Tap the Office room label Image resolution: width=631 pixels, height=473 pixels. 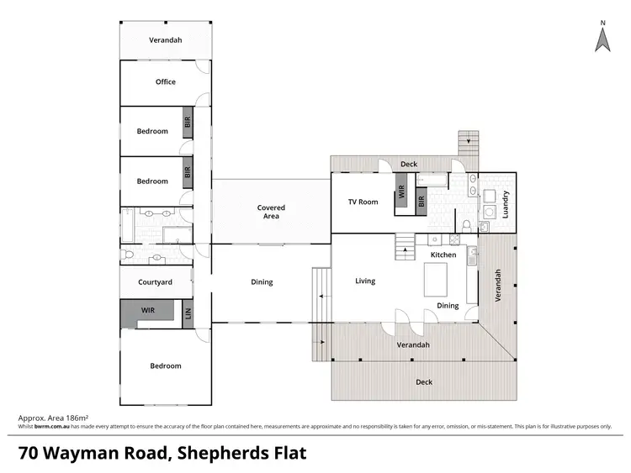(166, 81)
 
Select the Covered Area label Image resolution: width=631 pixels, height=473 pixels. (271, 212)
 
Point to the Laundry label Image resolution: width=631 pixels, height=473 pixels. (506, 205)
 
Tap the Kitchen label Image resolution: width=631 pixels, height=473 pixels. (443, 255)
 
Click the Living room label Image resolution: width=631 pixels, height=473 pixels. (364, 281)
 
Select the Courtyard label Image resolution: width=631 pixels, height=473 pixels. (155, 282)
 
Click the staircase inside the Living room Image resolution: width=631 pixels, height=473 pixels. (406, 244)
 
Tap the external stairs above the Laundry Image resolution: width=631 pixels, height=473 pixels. (468, 144)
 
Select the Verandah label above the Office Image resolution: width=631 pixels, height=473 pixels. (166, 39)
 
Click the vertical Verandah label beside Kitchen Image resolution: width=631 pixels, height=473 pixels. (497, 286)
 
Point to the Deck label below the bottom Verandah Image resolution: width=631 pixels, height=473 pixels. (424, 381)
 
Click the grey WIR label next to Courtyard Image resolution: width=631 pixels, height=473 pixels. (148, 310)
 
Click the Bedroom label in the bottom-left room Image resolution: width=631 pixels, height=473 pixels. (166, 366)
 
